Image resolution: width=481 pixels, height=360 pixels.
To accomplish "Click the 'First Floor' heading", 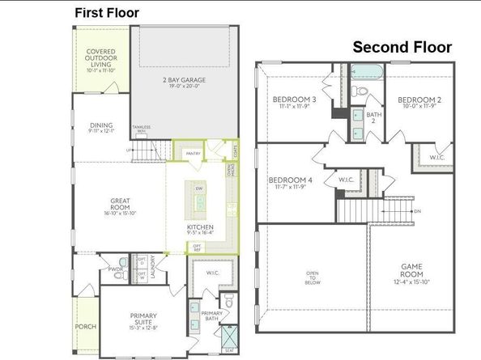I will [107, 12].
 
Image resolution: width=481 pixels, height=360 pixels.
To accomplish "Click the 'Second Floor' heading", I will [402, 48].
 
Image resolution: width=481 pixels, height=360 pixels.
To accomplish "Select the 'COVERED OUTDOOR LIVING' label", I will [101, 58].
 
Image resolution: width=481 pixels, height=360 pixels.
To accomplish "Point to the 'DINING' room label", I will [101, 125].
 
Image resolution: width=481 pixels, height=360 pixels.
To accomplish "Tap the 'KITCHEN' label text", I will [199, 227].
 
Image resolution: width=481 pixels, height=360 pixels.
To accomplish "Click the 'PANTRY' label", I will [193, 153].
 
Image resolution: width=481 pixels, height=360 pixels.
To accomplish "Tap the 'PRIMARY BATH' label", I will [211, 316].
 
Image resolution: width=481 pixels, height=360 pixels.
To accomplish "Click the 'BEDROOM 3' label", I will [293, 100].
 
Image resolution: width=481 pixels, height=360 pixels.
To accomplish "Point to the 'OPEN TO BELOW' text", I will [313, 277].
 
